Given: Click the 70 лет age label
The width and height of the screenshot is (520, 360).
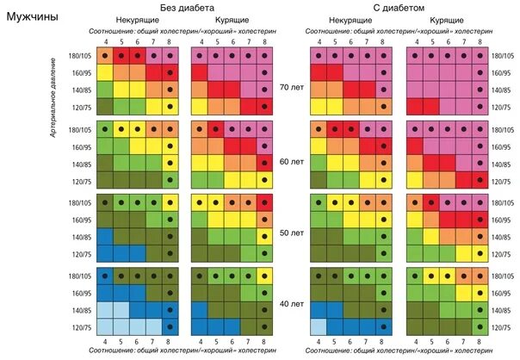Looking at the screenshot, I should click(x=292, y=87).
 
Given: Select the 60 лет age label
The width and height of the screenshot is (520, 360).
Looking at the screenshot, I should click(x=292, y=161).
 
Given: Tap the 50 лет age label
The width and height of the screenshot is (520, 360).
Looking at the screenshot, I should click(x=292, y=233).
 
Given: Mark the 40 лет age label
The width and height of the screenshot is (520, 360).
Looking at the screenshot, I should click(x=292, y=304).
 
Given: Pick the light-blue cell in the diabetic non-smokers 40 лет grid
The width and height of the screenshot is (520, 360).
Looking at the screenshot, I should click(x=319, y=326).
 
